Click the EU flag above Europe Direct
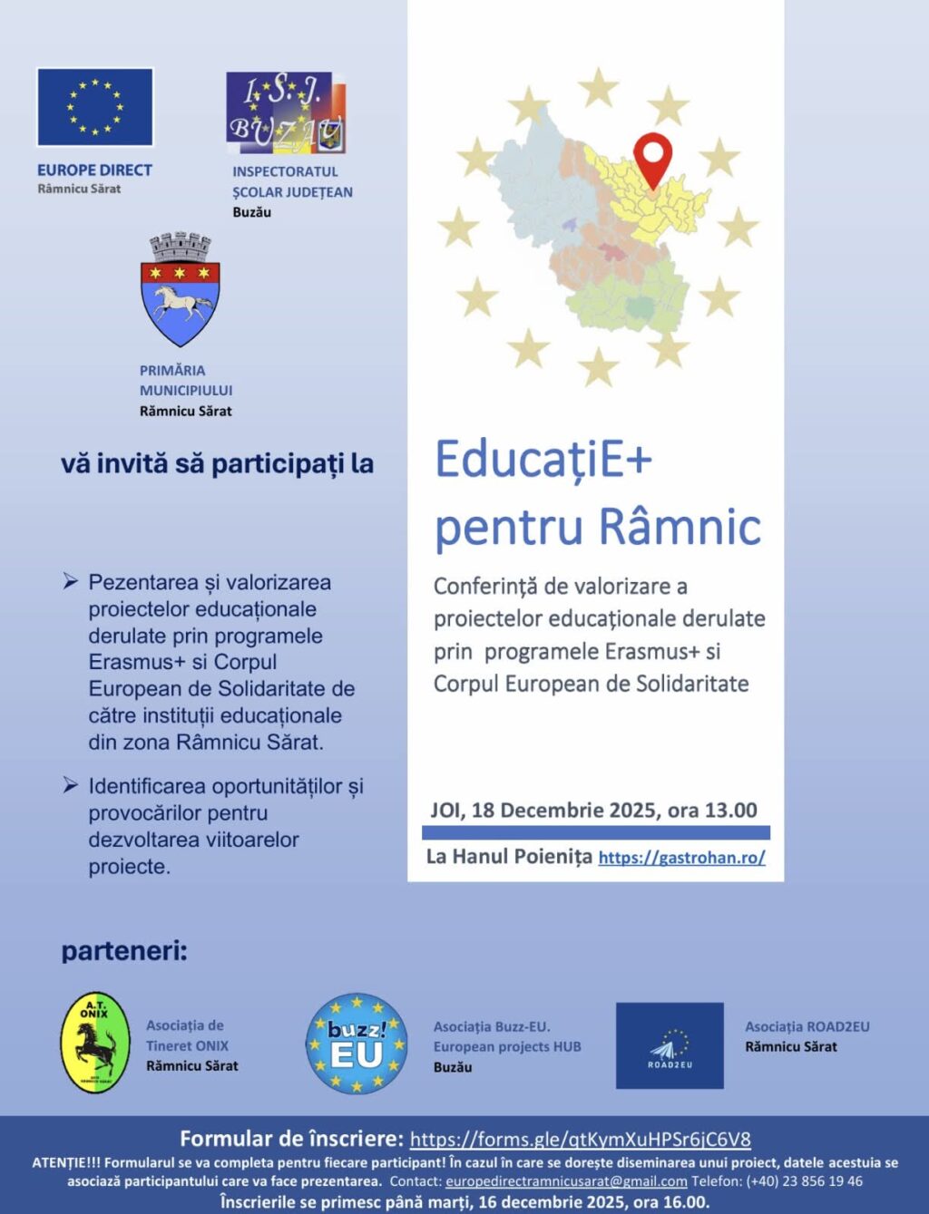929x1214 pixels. (x=94, y=107)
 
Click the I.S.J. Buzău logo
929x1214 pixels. (x=286, y=113)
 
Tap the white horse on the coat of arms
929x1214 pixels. (x=180, y=304)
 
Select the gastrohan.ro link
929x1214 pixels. (x=681, y=858)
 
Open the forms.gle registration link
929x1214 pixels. (x=580, y=1140)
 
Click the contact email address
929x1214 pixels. (x=565, y=1181)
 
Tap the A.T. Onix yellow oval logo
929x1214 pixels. (x=94, y=1043)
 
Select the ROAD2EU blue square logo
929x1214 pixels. (x=670, y=1045)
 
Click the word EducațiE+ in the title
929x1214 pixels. (x=543, y=460)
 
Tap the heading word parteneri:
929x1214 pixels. (x=124, y=952)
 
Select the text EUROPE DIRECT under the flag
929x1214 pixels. (x=94, y=170)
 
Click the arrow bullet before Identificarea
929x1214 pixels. (x=70, y=785)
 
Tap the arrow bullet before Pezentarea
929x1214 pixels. (x=70, y=581)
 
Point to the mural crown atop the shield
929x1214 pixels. (x=180, y=248)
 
